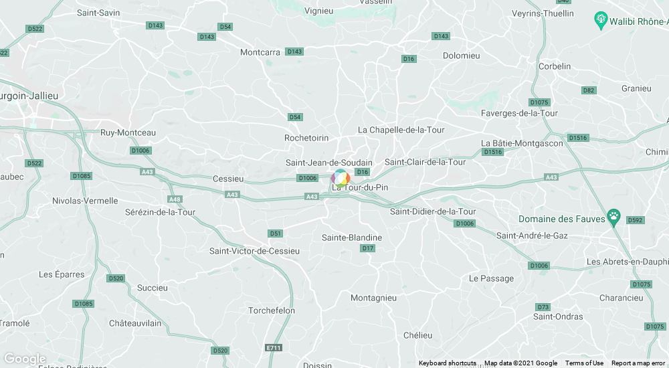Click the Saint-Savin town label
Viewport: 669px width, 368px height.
point(98,13)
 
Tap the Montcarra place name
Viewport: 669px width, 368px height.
point(260,52)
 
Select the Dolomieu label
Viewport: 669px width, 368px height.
point(462,56)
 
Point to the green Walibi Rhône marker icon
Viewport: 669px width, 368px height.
point(600,20)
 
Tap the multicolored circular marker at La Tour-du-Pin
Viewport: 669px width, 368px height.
point(341,178)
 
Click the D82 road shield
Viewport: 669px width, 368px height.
point(589,90)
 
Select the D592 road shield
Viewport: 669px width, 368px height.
point(635,220)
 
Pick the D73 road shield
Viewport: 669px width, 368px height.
point(543,306)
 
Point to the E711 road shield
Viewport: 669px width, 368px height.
point(274,348)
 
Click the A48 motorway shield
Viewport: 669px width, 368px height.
point(175,199)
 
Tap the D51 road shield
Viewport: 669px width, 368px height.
point(275,234)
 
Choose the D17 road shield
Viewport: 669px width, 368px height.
point(367,248)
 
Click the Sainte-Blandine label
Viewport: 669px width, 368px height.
point(352,238)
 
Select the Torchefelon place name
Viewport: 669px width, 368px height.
point(272,310)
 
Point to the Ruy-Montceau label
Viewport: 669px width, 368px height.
point(128,132)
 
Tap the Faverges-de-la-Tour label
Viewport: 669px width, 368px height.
point(519,113)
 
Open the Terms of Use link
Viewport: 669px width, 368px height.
point(584,363)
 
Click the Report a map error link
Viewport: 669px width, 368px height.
point(638,363)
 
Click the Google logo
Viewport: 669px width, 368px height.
point(25,359)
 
